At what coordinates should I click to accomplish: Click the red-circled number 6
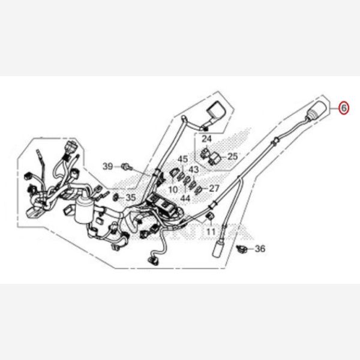point(344,107)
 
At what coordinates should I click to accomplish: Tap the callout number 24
point(206,139)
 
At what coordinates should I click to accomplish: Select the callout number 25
point(232,157)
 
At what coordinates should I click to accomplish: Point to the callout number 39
point(107,166)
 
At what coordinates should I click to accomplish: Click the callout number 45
point(183,159)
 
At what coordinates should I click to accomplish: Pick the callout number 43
point(194,170)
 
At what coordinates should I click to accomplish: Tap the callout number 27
point(214,188)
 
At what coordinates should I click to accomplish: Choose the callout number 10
point(173,190)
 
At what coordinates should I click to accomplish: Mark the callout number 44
point(185,198)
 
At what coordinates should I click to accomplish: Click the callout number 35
point(131,197)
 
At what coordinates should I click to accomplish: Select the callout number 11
point(211,232)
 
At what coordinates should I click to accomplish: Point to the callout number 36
point(260,248)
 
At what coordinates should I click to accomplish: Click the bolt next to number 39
point(127,166)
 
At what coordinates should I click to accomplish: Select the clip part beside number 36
point(242,248)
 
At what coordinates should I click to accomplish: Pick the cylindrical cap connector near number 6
point(317,110)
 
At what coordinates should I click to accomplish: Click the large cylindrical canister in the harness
point(84,211)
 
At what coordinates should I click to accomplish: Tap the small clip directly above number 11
point(210,217)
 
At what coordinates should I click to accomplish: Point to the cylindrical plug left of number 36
point(218,248)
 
